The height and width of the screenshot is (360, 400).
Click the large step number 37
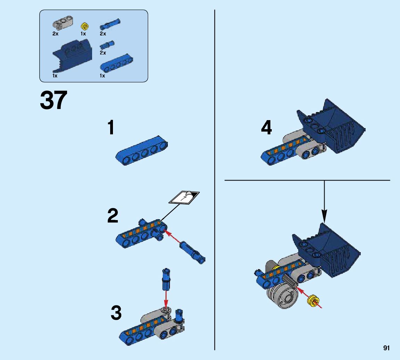coord(54,100)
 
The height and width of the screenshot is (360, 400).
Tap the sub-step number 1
coord(111,127)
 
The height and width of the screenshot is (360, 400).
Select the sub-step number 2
coord(113,216)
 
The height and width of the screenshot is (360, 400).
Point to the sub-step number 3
coord(116,312)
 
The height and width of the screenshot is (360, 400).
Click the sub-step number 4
coord(266,127)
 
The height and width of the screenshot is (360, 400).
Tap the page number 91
coord(386,348)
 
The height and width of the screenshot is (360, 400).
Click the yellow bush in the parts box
coord(85,26)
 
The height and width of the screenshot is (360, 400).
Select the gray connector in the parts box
coord(63,22)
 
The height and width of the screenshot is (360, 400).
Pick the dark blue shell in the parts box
coord(72,56)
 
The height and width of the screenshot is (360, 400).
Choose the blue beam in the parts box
coord(116,64)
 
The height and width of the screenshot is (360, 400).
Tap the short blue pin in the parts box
coord(107,45)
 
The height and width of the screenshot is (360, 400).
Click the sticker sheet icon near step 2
coord(184,198)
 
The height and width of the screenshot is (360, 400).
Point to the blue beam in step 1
coord(142,151)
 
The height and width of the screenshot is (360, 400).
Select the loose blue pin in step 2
coord(192,252)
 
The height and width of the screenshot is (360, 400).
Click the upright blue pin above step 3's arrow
coord(166,279)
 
